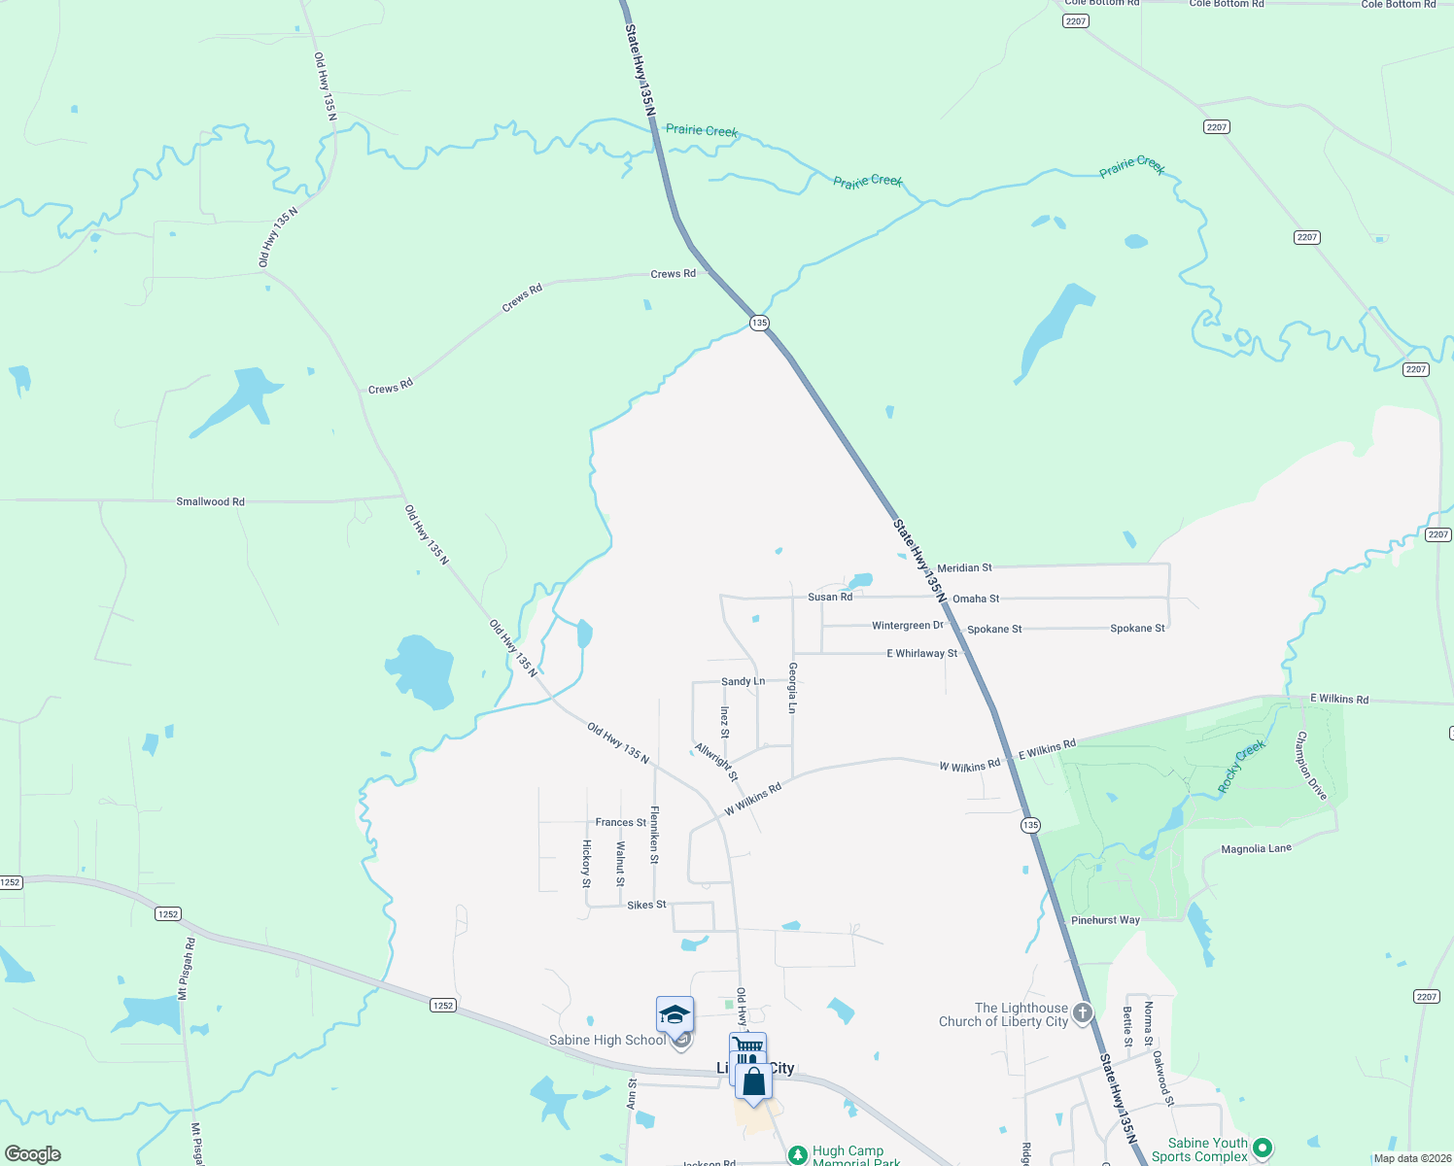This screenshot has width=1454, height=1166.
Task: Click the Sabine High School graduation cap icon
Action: (x=675, y=1015)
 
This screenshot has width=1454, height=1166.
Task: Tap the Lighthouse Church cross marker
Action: (x=1082, y=1013)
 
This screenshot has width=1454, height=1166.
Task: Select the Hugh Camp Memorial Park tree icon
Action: (x=798, y=1154)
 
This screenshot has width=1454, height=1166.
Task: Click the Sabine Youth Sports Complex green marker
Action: (x=1262, y=1148)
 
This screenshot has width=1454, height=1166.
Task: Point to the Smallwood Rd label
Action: (x=210, y=501)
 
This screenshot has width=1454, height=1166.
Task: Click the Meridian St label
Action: (x=964, y=567)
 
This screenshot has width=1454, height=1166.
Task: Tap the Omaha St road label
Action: (x=976, y=599)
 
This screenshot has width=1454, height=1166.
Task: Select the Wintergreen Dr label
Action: (x=908, y=626)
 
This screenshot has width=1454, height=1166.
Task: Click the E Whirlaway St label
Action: (x=921, y=654)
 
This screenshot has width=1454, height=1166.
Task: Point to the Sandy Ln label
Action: (x=743, y=682)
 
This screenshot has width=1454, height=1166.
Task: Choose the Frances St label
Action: (x=620, y=823)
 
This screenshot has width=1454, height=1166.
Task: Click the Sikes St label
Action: (x=646, y=905)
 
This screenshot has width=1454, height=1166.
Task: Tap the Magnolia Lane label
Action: (x=1256, y=849)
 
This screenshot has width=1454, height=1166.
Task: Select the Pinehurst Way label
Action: (x=1105, y=920)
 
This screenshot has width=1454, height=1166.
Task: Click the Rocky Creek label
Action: (x=1242, y=766)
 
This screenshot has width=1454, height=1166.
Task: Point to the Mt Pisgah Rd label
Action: (x=184, y=969)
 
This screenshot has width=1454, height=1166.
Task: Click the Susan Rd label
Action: (x=829, y=597)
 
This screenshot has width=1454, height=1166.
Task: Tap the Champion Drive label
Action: (x=1311, y=766)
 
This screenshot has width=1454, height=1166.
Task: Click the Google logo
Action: (x=33, y=1154)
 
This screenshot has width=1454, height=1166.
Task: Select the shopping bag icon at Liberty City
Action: (x=753, y=1081)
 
